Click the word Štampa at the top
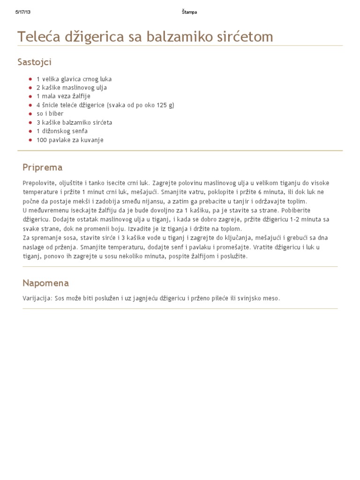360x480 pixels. [189, 12]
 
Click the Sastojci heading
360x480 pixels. [34, 62]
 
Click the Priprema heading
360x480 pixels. [42, 167]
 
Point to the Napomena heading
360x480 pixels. [45, 283]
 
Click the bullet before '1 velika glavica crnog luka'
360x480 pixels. [30, 79]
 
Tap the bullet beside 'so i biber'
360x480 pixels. [30, 114]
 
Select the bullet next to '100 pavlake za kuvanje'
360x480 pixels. [30, 140]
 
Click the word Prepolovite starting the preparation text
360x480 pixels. [39, 183]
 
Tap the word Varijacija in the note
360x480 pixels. [37, 298]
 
